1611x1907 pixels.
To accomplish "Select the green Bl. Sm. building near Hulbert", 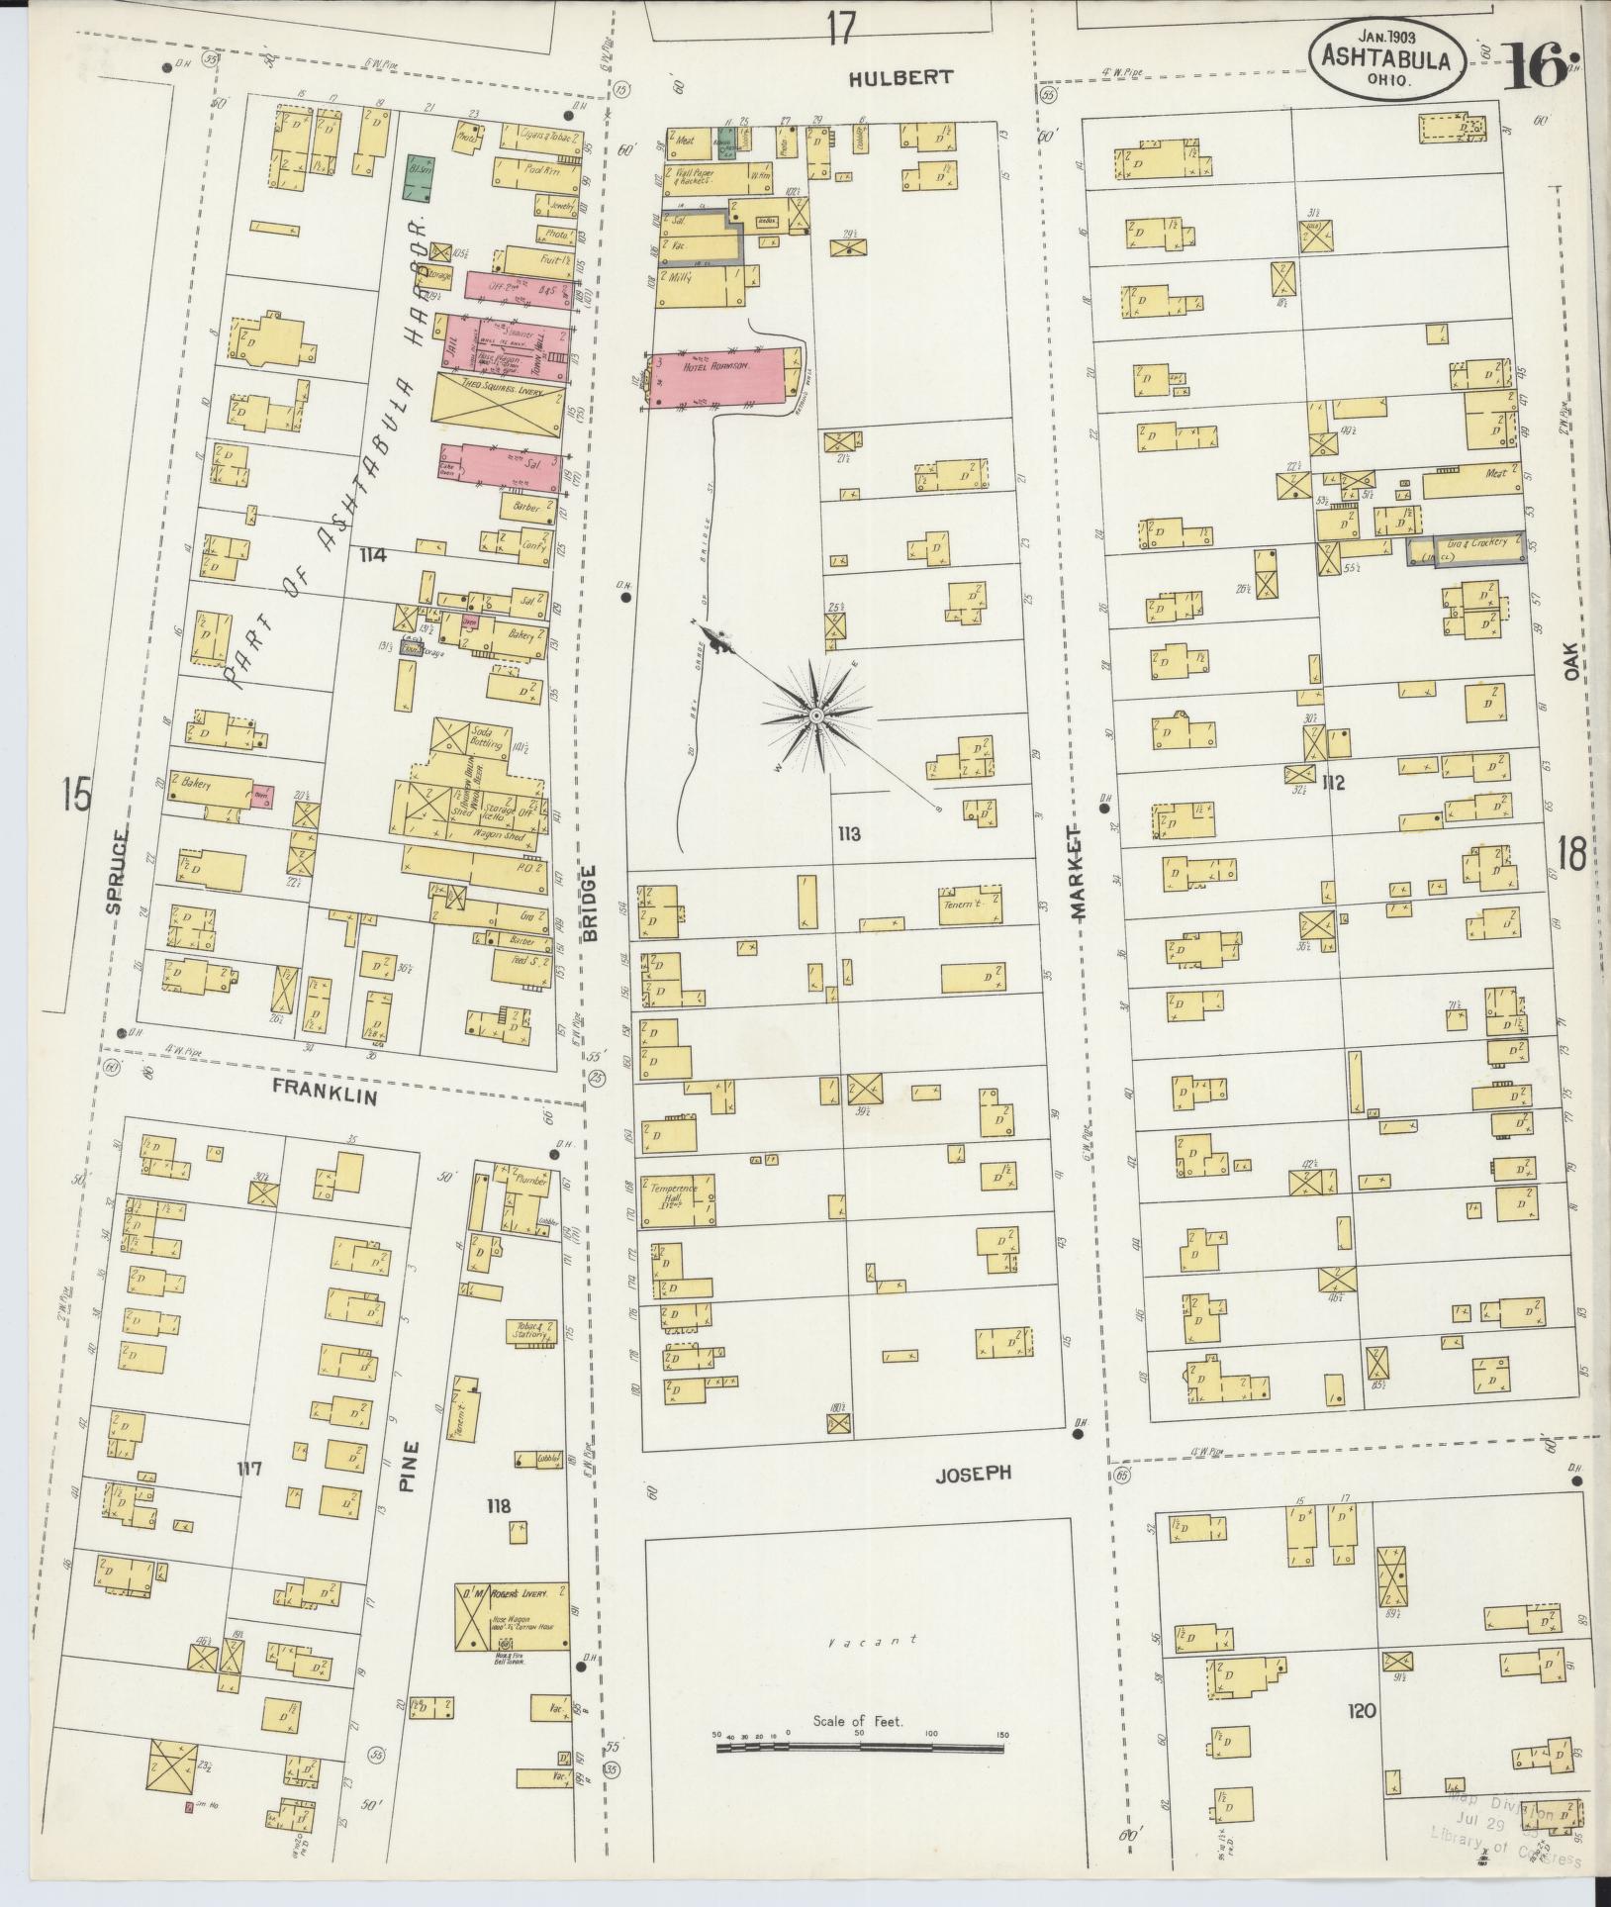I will point(423,171).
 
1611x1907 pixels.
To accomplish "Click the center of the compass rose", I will point(816,715).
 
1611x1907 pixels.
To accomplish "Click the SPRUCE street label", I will point(116,871).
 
